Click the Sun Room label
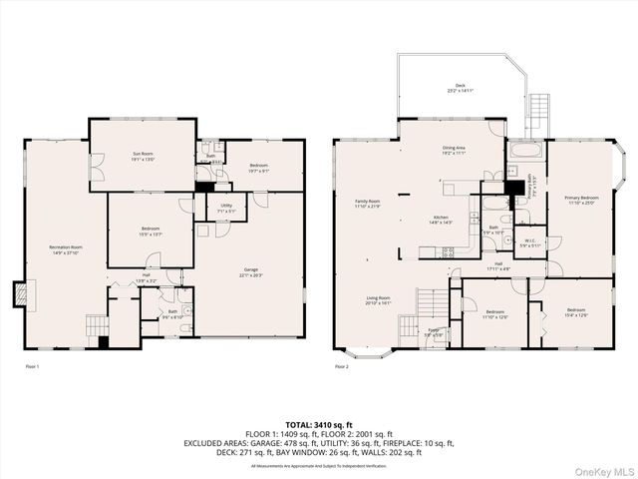tap(144, 157)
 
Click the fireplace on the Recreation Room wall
tap(19, 293)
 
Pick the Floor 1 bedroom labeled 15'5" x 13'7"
tap(152, 232)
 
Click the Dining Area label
tap(455, 152)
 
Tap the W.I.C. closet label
tap(529, 242)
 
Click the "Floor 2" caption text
tap(341, 367)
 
